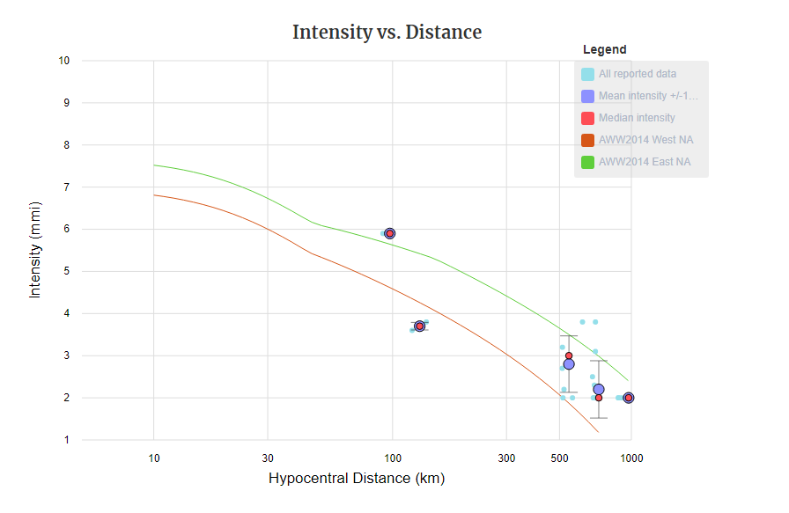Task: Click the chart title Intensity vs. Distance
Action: pos(387,33)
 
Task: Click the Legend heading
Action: pos(604,49)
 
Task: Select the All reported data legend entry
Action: pos(638,74)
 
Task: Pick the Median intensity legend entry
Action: pos(637,118)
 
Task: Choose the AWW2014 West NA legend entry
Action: pos(645,140)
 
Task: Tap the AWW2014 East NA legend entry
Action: pos(645,162)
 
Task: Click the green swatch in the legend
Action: pos(587,162)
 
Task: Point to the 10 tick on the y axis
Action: pos(63,61)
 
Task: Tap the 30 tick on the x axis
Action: pos(268,458)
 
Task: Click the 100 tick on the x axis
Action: pos(393,458)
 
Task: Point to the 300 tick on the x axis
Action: pos(506,458)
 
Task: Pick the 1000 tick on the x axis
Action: pos(630,458)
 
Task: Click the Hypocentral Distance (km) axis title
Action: pos(356,479)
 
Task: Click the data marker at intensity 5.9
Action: pos(389,233)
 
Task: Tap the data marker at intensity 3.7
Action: pos(419,326)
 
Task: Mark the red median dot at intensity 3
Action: pos(569,355)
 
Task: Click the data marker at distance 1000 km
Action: pos(628,398)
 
